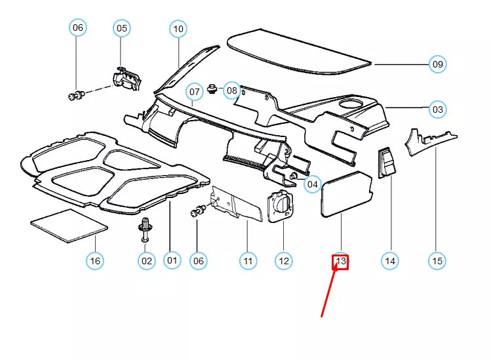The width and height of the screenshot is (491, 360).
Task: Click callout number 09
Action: tap(437, 64)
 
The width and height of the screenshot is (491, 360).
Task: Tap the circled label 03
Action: tap(437, 110)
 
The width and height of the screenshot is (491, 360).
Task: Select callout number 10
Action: tap(178, 29)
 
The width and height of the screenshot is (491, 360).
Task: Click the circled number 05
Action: tap(121, 28)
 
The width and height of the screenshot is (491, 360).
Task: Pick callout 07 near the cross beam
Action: tap(194, 92)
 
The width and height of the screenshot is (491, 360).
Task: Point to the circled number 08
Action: tap(231, 90)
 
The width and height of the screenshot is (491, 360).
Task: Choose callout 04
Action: tap(312, 184)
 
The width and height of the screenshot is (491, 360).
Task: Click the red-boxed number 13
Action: tap(340, 261)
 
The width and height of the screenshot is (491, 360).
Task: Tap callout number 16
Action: tap(95, 261)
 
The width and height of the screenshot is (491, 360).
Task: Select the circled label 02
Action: tap(147, 261)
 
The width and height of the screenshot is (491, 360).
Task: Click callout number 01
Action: tap(172, 260)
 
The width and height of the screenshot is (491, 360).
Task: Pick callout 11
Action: tap(248, 261)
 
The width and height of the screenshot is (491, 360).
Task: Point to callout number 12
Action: tap(284, 261)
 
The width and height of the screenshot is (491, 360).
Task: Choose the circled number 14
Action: tap(390, 261)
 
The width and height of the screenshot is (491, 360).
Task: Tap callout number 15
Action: tap(437, 261)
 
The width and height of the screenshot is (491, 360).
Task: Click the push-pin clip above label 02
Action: tap(145, 230)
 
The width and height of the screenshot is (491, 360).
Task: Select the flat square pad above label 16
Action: tap(69, 226)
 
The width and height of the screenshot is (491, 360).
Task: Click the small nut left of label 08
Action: tap(212, 89)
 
